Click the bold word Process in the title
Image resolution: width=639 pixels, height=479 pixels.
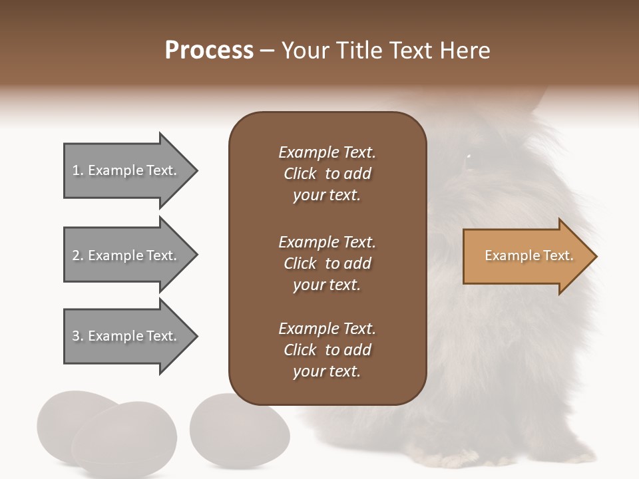pyautogui.click(x=209, y=51)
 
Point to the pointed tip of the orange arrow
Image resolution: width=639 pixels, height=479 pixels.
pyautogui.click(x=595, y=256)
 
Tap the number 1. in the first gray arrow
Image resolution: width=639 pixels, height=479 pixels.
pyautogui.click(x=78, y=170)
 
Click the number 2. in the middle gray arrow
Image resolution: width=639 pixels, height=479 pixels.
pyautogui.click(x=78, y=255)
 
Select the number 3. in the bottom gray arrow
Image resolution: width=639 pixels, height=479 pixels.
pyautogui.click(x=78, y=336)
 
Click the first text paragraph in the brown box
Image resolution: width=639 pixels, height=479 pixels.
pyautogui.click(x=327, y=174)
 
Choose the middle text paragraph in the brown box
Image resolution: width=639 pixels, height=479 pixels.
pyautogui.click(x=327, y=263)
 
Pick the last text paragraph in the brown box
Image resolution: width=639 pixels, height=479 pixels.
pyautogui.click(x=327, y=350)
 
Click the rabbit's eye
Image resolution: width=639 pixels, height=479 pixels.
pyautogui.click(x=469, y=156)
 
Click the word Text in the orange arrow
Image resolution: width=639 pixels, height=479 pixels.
pyautogui.click(x=558, y=255)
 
